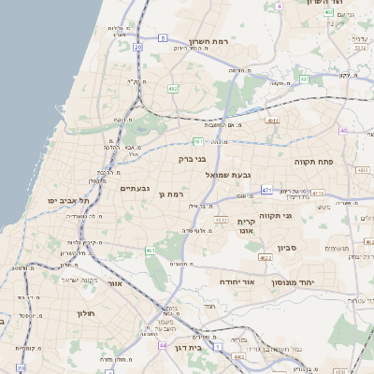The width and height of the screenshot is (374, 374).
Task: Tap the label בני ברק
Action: tap(192, 159)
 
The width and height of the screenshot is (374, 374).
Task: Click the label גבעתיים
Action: tap(137, 189)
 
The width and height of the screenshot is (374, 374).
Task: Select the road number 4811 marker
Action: tap(272, 121)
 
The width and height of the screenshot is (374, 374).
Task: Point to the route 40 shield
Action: tap(343, 130)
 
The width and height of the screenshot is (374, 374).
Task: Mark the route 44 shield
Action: tap(163, 345)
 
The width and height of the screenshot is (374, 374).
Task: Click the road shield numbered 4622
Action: tap(266, 255)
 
